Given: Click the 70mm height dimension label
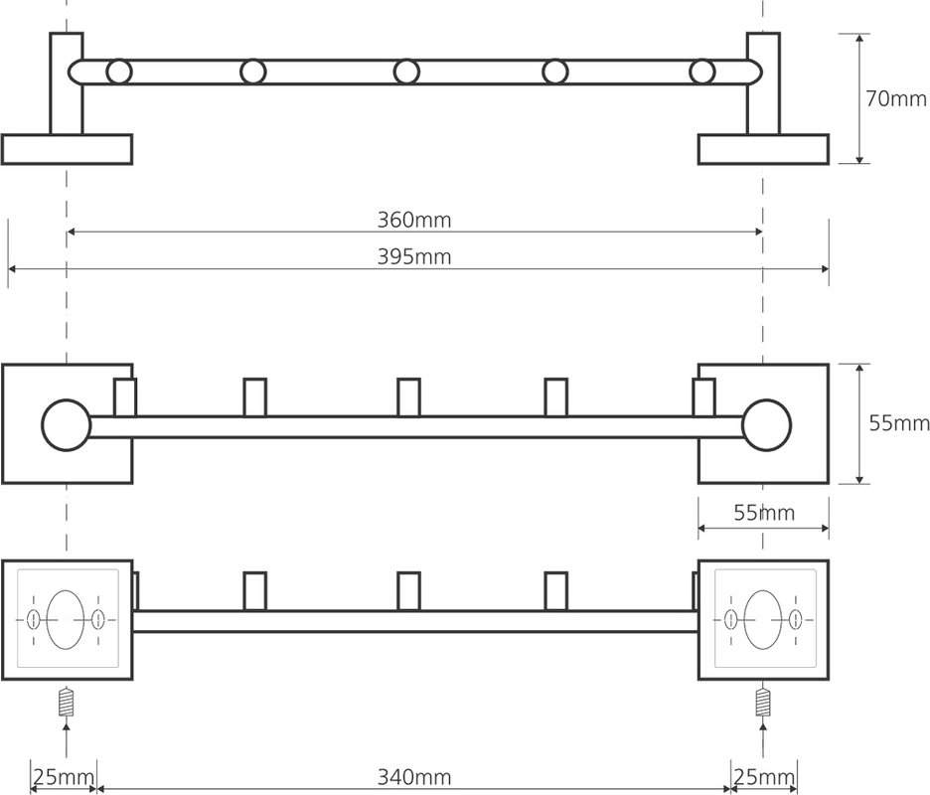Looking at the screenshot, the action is click(895, 98).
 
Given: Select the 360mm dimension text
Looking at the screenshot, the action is click(414, 220).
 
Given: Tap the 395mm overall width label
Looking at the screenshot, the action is click(414, 257).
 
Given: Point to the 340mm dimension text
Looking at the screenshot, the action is click(414, 776).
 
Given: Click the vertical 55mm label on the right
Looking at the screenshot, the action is click(899, 423).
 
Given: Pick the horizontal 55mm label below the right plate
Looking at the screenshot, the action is click(764, 513).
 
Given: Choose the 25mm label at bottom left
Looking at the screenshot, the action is click(64, 776).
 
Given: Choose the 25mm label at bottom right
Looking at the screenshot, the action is click(764, 776).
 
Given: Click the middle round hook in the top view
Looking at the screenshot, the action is click(406, 72).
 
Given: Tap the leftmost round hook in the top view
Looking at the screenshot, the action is click(119, 72).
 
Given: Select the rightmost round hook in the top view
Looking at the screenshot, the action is click(701, 72).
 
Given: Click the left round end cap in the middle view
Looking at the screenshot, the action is click(67, 424).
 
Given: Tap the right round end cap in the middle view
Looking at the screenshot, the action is click(766, 424).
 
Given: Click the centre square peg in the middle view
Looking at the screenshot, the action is click(408, 397).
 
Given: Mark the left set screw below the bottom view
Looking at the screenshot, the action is click(67, 702).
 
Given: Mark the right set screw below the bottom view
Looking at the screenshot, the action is click(763, 702).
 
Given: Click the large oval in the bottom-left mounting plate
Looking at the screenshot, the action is click(66, 619).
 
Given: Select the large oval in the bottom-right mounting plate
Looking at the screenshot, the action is click(763, 619).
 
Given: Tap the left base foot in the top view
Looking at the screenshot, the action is click(67, 149).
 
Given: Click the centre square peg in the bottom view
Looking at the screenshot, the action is click(408, 591).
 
